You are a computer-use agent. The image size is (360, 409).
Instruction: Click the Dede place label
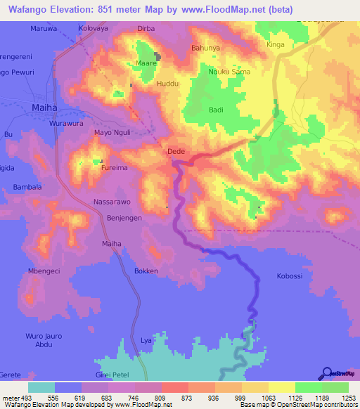175,151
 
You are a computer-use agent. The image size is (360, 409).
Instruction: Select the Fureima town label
114,169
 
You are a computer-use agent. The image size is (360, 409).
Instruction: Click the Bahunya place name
205,48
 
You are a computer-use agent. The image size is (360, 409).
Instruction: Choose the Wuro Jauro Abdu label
44,340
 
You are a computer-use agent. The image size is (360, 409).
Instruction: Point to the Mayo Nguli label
112,132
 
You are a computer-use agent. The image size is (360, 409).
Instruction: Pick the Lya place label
146,340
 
